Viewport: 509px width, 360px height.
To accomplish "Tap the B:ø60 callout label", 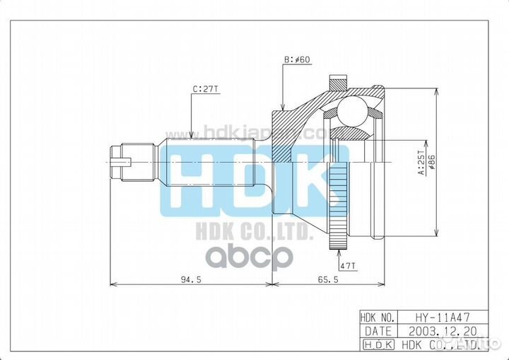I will click(297, 61).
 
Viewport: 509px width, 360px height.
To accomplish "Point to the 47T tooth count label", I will click(348, 265).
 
